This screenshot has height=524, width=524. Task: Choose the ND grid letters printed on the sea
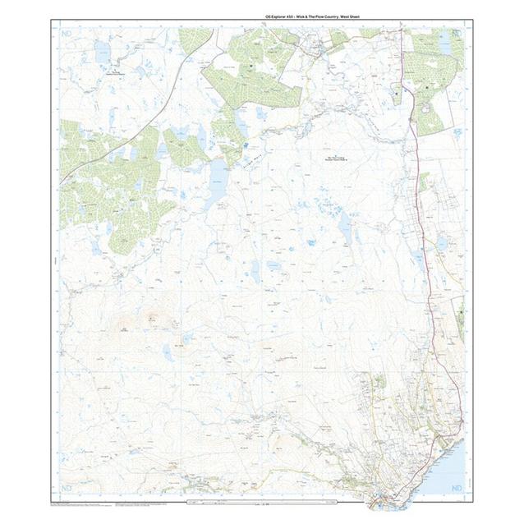coord(457,489)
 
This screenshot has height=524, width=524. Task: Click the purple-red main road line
coord(419,205)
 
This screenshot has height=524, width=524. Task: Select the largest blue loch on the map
coord(216,185)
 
